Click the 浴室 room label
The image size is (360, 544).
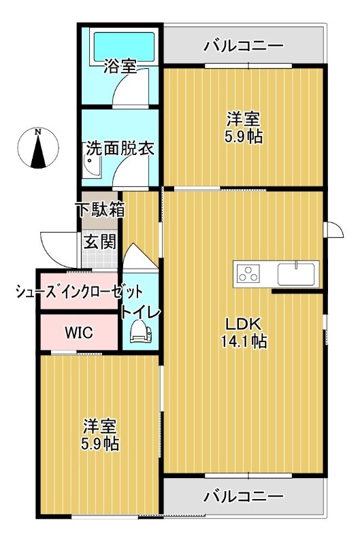click(120, 67)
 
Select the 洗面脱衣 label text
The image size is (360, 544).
click(119, 149)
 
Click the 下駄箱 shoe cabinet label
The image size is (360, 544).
click(100, 209)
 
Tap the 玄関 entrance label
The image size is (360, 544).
click(99, 241)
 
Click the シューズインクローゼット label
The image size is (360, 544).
click(79, 292)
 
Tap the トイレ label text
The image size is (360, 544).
click(141, 312)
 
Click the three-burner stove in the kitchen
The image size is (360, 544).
click(248, 274)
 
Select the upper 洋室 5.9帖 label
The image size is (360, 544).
click(243, 128)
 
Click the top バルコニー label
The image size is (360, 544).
click(243, 46)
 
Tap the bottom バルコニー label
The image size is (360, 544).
click(243, 496)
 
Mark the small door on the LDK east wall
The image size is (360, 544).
click(333, 231)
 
